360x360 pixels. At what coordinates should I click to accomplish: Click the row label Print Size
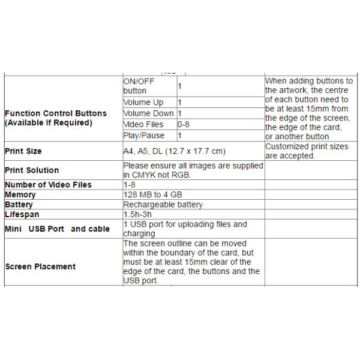[23, 151]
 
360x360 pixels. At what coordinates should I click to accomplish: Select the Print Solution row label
[31, 170]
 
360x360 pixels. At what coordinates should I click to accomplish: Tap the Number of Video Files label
[48, 185]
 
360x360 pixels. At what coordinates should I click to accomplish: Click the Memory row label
[20, 195]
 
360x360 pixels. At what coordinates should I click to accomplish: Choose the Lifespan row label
[21, 214]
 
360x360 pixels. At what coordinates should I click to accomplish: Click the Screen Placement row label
[40, 266]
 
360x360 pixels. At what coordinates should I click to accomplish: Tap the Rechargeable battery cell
[163, 205]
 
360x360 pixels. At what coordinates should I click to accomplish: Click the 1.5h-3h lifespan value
[137, 214]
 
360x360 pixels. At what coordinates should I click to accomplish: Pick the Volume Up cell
[143, 103]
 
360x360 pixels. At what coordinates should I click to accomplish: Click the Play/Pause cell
[143, 136]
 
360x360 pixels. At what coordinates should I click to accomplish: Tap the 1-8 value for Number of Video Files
[129, 185]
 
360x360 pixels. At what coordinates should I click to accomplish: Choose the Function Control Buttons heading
[55, 113]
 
